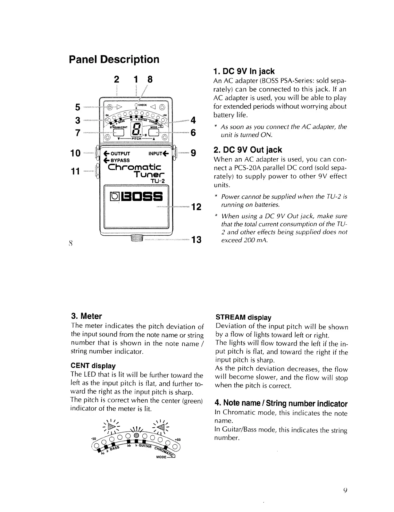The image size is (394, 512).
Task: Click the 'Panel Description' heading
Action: [114, 59]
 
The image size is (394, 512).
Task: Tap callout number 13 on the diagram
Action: [196, 239]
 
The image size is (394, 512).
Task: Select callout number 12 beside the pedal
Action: [196, 207]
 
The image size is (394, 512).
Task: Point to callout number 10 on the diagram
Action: [76, 153]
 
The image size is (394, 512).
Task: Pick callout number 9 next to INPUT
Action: [193, 153]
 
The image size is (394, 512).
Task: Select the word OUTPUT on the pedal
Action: [119, 154]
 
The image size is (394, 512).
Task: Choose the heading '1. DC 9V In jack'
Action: [244, 71]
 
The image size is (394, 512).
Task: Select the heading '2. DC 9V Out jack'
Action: [247, 150]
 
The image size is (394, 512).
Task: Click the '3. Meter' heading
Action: [86, 316]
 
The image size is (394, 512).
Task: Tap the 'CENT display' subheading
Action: [93, 366]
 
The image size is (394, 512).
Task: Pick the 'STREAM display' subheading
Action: [243, 318]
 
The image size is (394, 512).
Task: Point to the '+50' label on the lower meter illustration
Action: [177, 440]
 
